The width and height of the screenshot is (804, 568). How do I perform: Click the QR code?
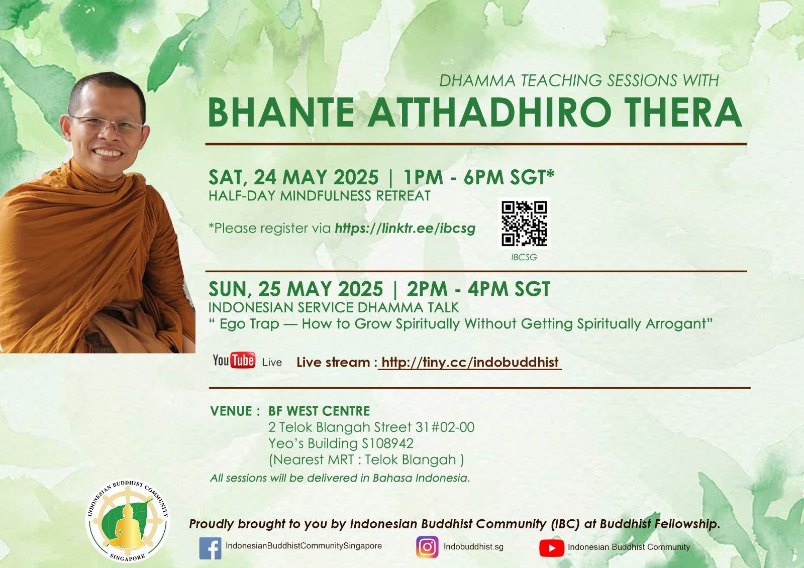(x=524, y=223)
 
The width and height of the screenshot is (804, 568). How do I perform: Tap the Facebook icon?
(x=210, y=548)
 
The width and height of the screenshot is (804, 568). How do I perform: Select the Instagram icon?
(x=427, y=547)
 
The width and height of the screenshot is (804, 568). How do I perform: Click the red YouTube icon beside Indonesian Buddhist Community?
(x=551, y=548)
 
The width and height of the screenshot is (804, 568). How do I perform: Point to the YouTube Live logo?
(x=247, y=361)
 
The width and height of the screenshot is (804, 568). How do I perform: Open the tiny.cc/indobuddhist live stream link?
(x=470, y=363)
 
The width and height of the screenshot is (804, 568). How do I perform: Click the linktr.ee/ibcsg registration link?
(x=405, y=228)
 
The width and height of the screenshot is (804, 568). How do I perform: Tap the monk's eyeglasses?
(x=108, y=125)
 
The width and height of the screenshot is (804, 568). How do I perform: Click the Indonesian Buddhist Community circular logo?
(x=128, y=521)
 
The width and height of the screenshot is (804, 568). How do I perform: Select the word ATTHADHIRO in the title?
(x=489, y=112)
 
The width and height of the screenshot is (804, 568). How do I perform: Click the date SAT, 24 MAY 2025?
(x=293, y=177)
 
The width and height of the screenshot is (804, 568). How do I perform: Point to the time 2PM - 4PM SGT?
(x=478, y=289)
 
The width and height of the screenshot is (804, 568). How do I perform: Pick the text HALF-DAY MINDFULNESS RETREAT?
(x=320, y=196)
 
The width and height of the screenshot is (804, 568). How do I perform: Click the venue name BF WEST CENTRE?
(x=319, y=411)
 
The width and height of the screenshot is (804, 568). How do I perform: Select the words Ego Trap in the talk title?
(x=249, y=324)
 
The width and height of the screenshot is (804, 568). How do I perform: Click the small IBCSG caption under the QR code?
(x=524, y=257)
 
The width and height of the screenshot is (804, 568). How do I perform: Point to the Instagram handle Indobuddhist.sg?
(x=473, y=546)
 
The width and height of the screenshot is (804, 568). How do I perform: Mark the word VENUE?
(x=231, y=411)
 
